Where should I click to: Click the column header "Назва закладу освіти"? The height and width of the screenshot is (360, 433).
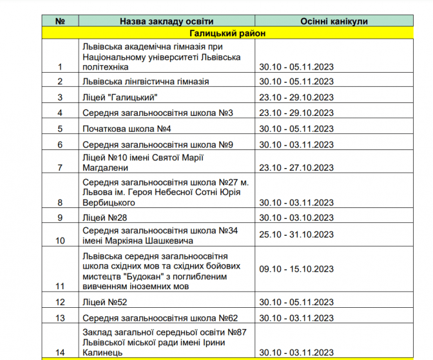(167, 21)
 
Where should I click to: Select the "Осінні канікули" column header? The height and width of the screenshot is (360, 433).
(334, 21)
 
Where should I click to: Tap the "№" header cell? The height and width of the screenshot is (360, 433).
(61, 21)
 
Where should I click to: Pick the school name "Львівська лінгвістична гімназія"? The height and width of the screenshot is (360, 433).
(146, 82)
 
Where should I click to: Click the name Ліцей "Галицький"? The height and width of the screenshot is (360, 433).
(120, 97)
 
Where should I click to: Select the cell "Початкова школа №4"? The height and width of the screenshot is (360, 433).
(126, 129)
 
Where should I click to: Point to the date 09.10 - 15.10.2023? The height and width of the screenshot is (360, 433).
(296, 269)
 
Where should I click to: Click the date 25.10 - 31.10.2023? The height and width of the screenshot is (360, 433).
(296, 234)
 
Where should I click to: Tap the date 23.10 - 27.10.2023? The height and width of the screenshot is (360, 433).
(296, 168)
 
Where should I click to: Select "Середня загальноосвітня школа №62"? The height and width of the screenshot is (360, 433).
(160, 318)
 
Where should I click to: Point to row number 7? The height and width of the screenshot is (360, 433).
(61, 168)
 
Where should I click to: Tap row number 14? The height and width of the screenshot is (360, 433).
(61, 352)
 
